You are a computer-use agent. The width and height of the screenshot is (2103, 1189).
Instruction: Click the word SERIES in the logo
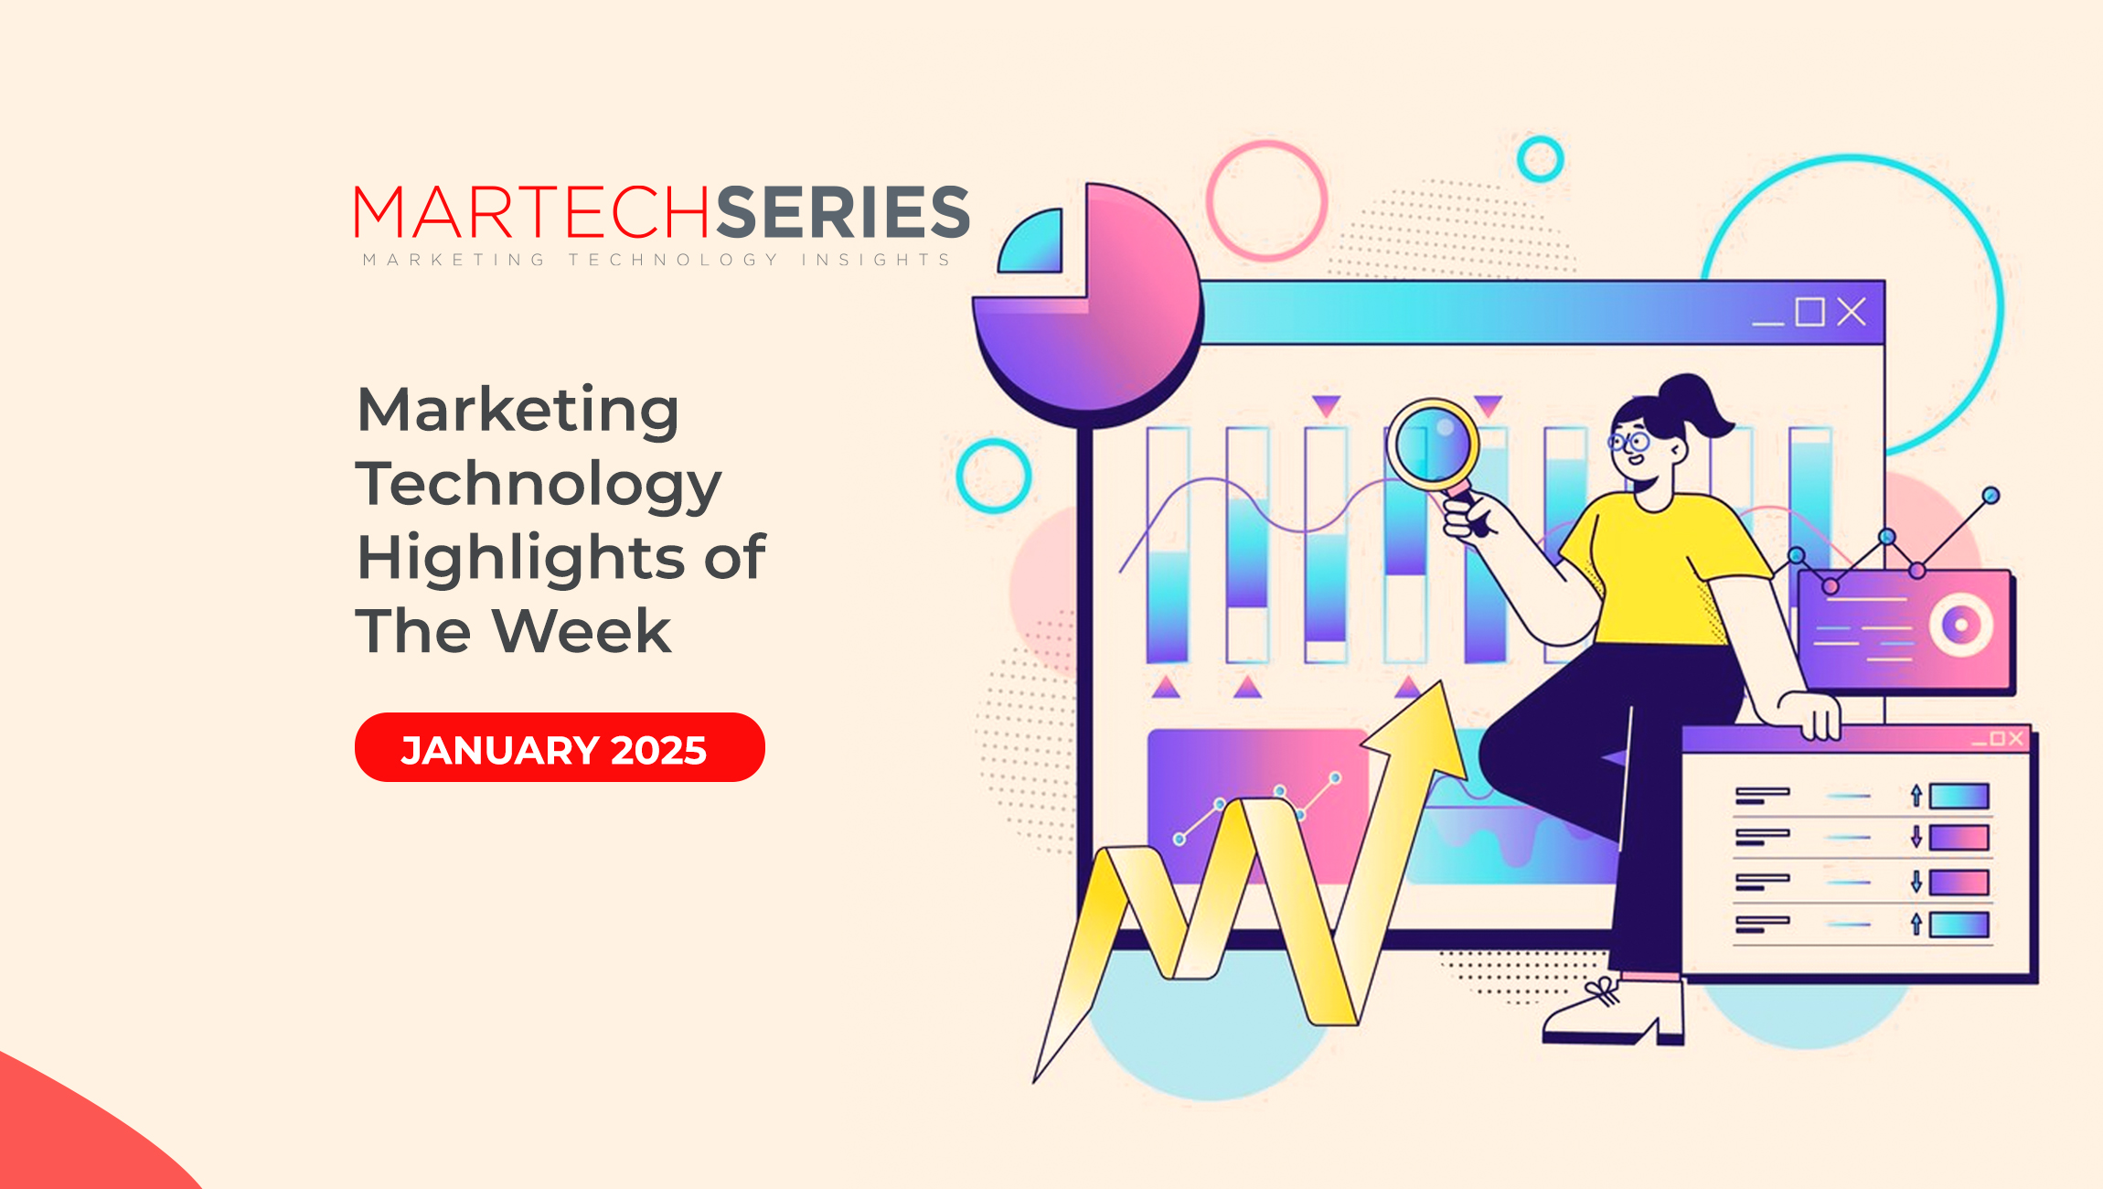click(842, 211)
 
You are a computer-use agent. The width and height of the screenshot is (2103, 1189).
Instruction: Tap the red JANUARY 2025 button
click(560, 747)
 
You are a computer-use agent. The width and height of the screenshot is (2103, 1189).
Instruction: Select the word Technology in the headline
click(539, 486)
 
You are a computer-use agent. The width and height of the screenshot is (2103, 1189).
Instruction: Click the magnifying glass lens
click(1432, 446)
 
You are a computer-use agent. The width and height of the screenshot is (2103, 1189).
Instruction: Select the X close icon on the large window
click(1852, 312)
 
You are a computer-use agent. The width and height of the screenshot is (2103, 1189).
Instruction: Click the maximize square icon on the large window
click(1810, 312)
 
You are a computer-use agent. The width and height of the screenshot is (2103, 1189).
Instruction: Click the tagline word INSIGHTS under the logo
click(876, 260)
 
